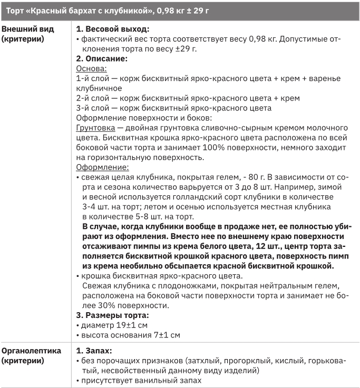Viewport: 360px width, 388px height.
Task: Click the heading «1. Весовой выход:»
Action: (113, 29)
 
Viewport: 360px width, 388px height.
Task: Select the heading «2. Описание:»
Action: (102, 59)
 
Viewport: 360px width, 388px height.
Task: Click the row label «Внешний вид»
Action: (26, 29)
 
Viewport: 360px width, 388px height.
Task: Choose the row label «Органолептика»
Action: (31, 351)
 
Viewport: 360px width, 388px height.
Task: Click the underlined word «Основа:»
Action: (92, 69)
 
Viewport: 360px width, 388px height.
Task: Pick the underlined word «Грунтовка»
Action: (96, 128)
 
